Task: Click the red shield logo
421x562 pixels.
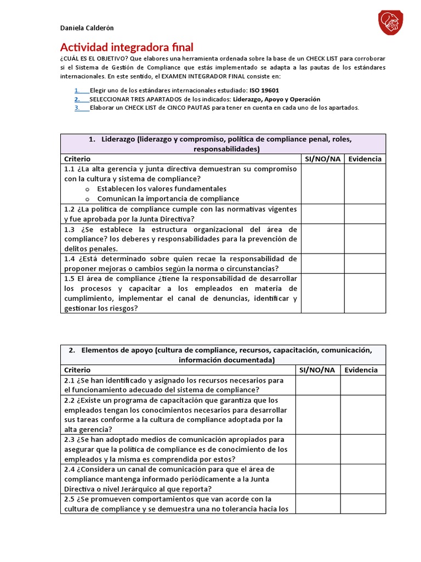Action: [x=391, y=23]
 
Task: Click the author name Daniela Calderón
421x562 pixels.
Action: [x=87, y=28]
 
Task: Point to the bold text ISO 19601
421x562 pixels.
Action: [x=264, y=91]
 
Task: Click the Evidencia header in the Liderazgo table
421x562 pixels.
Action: [x=365, y=159]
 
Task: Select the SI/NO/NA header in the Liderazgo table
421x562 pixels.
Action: [x=322, y=159]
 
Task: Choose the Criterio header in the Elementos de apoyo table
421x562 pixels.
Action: [x=77, y=370]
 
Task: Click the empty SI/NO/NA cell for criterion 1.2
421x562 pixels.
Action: [x=322, y=213]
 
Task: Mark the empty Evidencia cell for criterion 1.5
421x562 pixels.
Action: [x=365, y=293]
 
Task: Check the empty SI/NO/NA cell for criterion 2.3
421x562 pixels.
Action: [x=318, y=449]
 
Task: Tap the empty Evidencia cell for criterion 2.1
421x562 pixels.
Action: [x=363, y=385]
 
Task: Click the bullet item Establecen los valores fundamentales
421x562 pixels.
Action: [x=162, y=188]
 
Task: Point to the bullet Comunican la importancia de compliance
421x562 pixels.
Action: [x=168, y=198]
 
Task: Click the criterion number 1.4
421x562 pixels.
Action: [x=69, y=258]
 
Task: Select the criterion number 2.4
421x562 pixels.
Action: [x=69, y=469]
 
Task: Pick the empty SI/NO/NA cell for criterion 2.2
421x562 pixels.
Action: [x=318, y=415]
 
